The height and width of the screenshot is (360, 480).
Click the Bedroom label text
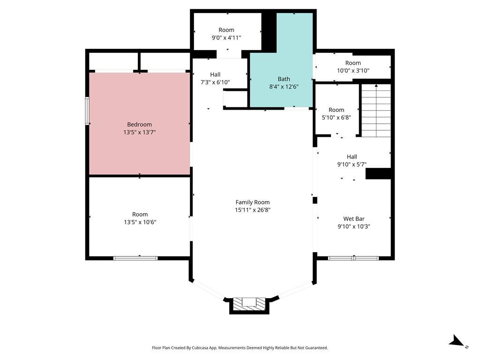(139, 124)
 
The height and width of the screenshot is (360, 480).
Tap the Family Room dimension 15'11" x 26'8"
(253, 210)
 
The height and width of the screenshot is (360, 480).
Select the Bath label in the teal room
(284, 79)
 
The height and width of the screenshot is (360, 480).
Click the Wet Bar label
(354, 218)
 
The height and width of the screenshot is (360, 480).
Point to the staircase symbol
(375, 111)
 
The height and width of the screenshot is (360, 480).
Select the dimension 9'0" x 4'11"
(226, 37)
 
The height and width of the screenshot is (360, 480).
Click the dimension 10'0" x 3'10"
(353, 70)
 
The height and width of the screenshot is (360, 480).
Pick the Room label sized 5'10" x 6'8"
(336, 110)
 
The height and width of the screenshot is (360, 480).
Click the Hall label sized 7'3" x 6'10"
(215, 75)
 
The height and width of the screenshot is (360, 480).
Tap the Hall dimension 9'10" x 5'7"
(352, 165)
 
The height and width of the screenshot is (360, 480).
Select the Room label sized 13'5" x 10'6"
(140, 214)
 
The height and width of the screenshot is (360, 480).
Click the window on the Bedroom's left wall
(87, 111)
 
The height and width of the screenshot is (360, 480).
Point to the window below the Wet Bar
(353, 258)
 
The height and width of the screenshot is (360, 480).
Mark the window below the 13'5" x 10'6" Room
(136, 258)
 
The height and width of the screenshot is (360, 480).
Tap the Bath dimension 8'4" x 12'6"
(284, 86)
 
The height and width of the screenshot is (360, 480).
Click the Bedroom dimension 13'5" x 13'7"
(139, 132)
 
